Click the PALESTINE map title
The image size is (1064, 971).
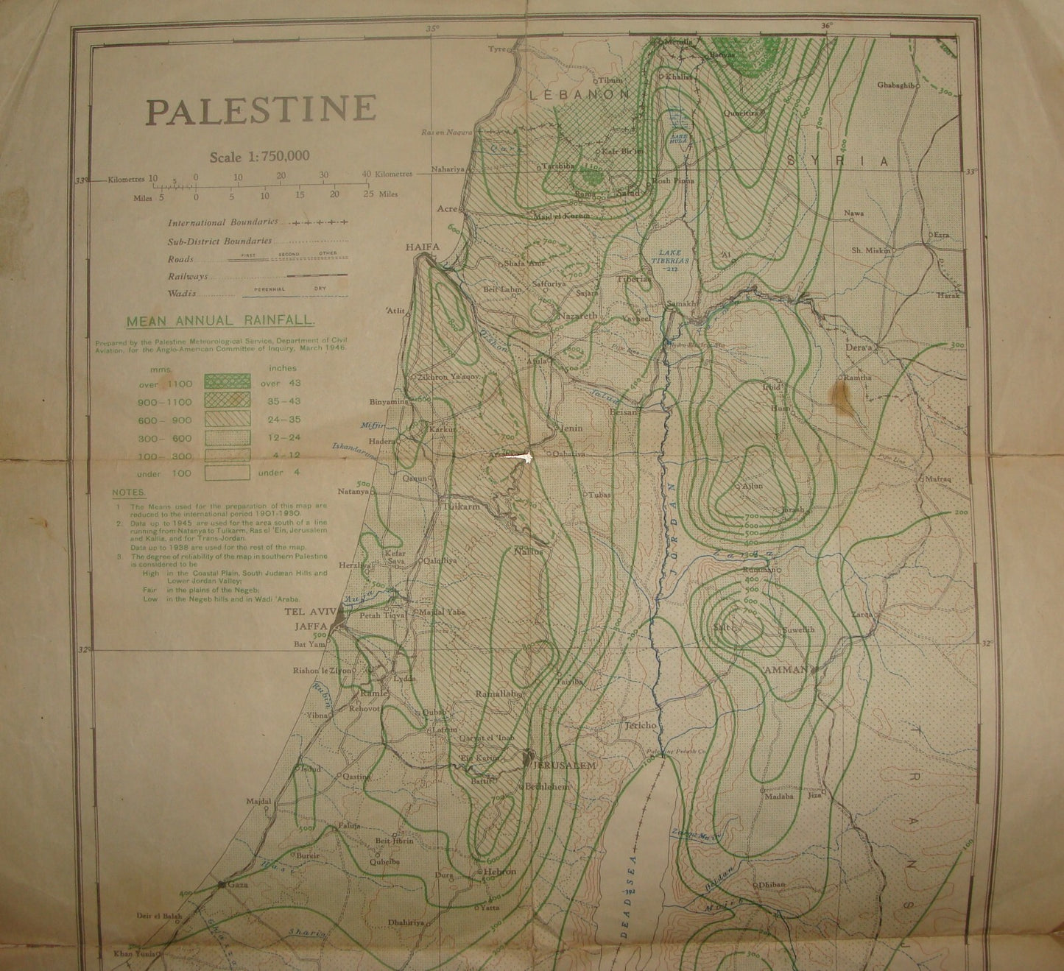(261, 110)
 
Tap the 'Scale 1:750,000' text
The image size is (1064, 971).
(259, 156)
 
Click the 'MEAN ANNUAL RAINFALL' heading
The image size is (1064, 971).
(220, 321)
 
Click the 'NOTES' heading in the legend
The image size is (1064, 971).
(129, 492)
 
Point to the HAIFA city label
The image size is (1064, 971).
(423, 248)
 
